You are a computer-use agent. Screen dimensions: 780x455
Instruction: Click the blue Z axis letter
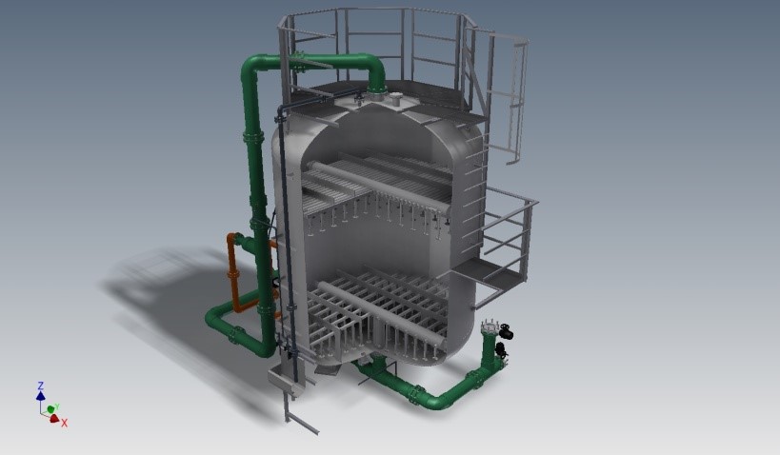[41, 386]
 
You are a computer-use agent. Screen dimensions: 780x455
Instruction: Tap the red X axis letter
[64, 424]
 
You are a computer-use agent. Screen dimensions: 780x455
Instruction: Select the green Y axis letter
[57, 407]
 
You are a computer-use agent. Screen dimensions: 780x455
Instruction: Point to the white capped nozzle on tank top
[395, 99]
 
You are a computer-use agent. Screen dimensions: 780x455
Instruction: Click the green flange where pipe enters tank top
[376, 90]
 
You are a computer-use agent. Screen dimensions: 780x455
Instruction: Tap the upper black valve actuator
[507, 331]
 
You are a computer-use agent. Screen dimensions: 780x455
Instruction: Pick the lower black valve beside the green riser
[500, 349]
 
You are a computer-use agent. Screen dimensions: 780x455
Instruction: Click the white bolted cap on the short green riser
[489, 326]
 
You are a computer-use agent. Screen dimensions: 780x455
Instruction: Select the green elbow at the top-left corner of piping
[252, 68]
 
